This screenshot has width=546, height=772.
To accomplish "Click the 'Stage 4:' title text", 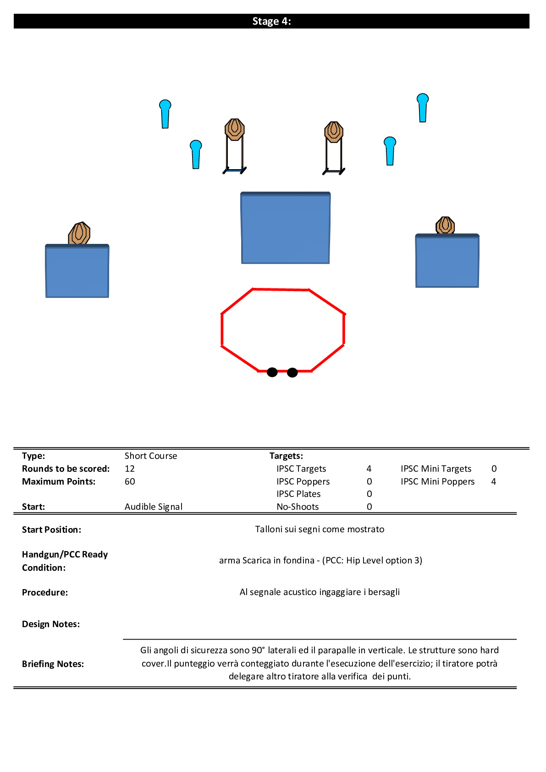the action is (x=271, y=22).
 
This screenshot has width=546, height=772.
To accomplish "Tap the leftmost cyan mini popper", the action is (x=165, y=114).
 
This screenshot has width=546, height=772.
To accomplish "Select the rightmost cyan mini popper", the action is (x=423, y=108).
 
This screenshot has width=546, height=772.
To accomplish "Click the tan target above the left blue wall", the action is (x=79, y=233).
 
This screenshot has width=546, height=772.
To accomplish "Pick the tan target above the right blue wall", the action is (x=445, y=226).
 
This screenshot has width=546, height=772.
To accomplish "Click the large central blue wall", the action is (x=286, y=228).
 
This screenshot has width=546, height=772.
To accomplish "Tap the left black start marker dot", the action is (x=272, y=372).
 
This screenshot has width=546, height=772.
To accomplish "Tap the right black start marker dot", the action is (x=292, y=373).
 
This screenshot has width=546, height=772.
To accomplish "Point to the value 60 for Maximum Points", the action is (x=130, y=481).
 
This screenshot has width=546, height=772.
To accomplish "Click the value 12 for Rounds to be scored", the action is (x=130, y=469).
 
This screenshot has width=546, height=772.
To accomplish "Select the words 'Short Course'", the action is (x=151, y=456).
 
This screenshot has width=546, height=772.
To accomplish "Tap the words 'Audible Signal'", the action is (x=154, y=507).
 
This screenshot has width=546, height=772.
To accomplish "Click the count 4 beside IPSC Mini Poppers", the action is (x=494, y=481).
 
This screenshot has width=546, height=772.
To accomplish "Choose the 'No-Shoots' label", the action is (x=298, y=507).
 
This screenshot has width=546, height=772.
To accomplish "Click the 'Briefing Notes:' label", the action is (x=53, y=664).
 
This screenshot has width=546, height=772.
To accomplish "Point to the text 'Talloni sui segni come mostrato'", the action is (x=320, y=529).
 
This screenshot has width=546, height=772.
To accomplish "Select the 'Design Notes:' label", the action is (x=51, y=624).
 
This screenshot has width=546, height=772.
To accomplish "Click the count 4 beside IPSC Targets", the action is (x=369, y=469).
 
